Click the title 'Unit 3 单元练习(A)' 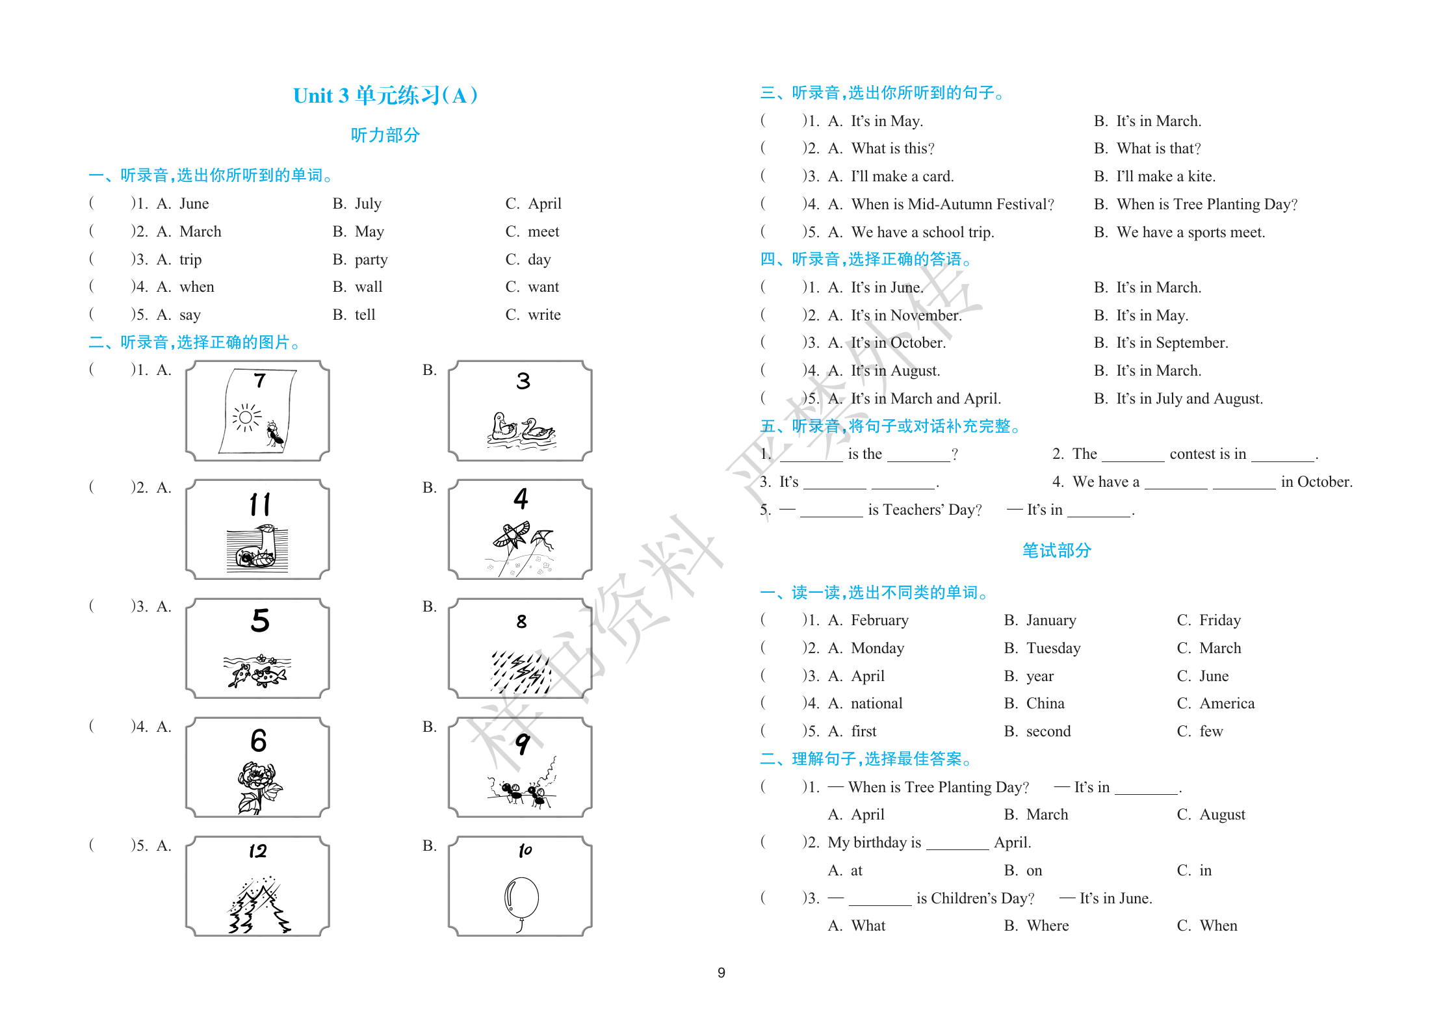(385, 96)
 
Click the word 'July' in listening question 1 (368, 203)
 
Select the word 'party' (370, 259)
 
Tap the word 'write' (544, 315)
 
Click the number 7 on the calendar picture (259, 380)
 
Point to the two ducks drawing (521, 430)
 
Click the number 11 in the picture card (260, 504)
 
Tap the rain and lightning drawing (521, 671)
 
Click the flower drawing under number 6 (259, 786)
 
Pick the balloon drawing (521, 900)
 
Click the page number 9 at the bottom (721, 972)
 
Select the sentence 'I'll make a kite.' (1165, 176)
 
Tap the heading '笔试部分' (1056, 550)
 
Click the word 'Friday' (1219, 620)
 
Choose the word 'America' (1227, 703)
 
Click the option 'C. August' (1211, 814)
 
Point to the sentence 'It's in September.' (1172, 342)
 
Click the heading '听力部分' (385, 135)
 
